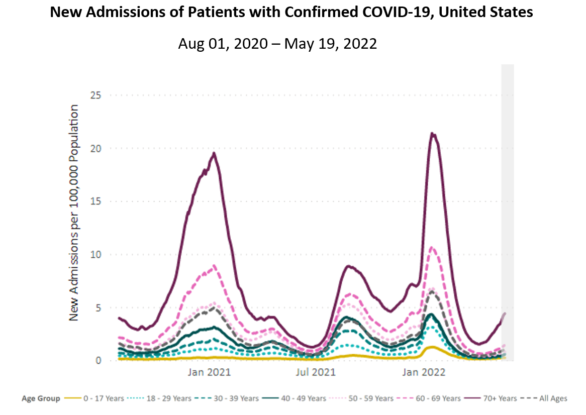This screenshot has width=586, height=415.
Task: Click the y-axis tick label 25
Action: click(96, 95)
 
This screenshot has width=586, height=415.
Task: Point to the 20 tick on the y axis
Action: click(96, 148)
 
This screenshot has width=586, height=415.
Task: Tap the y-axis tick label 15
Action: click(96, 201)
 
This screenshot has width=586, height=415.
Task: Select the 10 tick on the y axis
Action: click(96, 254)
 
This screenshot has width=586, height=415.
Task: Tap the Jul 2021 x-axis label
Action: click(316, 373)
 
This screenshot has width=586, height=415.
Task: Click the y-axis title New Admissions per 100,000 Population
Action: click(74, 213)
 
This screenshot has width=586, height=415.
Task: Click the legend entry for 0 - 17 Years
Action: click(104, 398)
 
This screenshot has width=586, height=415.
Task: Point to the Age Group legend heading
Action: click(41, 398)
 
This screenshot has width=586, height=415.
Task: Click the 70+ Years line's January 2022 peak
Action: click(432, 134)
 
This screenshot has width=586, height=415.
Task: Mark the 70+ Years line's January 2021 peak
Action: click(214, 153)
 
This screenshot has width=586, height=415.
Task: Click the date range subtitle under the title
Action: click(277, 44)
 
